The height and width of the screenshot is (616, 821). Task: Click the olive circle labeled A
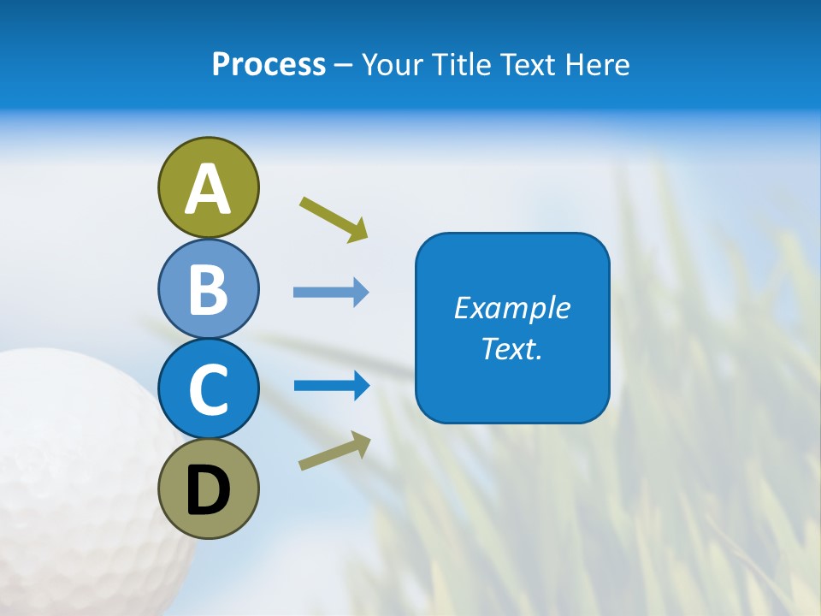[x=208, y=187]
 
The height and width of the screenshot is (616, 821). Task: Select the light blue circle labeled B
[x=208, y=288]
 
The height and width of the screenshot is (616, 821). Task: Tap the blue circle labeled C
[x=208, y=388]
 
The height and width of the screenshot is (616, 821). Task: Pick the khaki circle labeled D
[x=208, y=489]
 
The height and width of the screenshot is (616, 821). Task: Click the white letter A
[x=208, y=189]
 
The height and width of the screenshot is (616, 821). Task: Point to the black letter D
[x=208, y=490]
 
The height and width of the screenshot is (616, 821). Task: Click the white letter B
[x=208, y=290]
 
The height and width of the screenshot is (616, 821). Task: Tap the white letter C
[x=208, y=390]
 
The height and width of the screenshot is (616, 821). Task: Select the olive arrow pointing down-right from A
[x=334, y=218]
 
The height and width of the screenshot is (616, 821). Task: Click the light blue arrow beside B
[x=331, y=293]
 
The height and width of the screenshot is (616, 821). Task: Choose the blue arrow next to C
[x=331, y=386]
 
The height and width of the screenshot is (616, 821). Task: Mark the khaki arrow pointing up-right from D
[x=334, y=452]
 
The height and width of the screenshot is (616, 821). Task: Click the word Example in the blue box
[x=512, y=308]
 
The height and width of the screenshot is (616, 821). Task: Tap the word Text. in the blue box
[x=512, y=348]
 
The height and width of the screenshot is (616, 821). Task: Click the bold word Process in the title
[x=269, y=64]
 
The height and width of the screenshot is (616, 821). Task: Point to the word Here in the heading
[x=598, y=64]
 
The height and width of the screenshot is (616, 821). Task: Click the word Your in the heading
[x=395, y=64]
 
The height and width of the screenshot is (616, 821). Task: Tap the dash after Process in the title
[x=343, y=66]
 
